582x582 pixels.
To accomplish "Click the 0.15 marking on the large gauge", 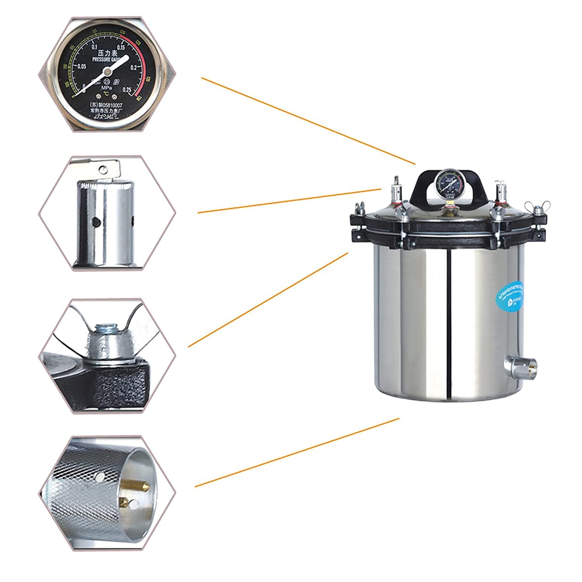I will (x=120, y=47).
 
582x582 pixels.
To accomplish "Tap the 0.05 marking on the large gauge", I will (x=81, y=67).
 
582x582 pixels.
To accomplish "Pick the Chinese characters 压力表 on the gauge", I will (x=105, y=52).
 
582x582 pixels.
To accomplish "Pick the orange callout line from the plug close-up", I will (x=297, y=452).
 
